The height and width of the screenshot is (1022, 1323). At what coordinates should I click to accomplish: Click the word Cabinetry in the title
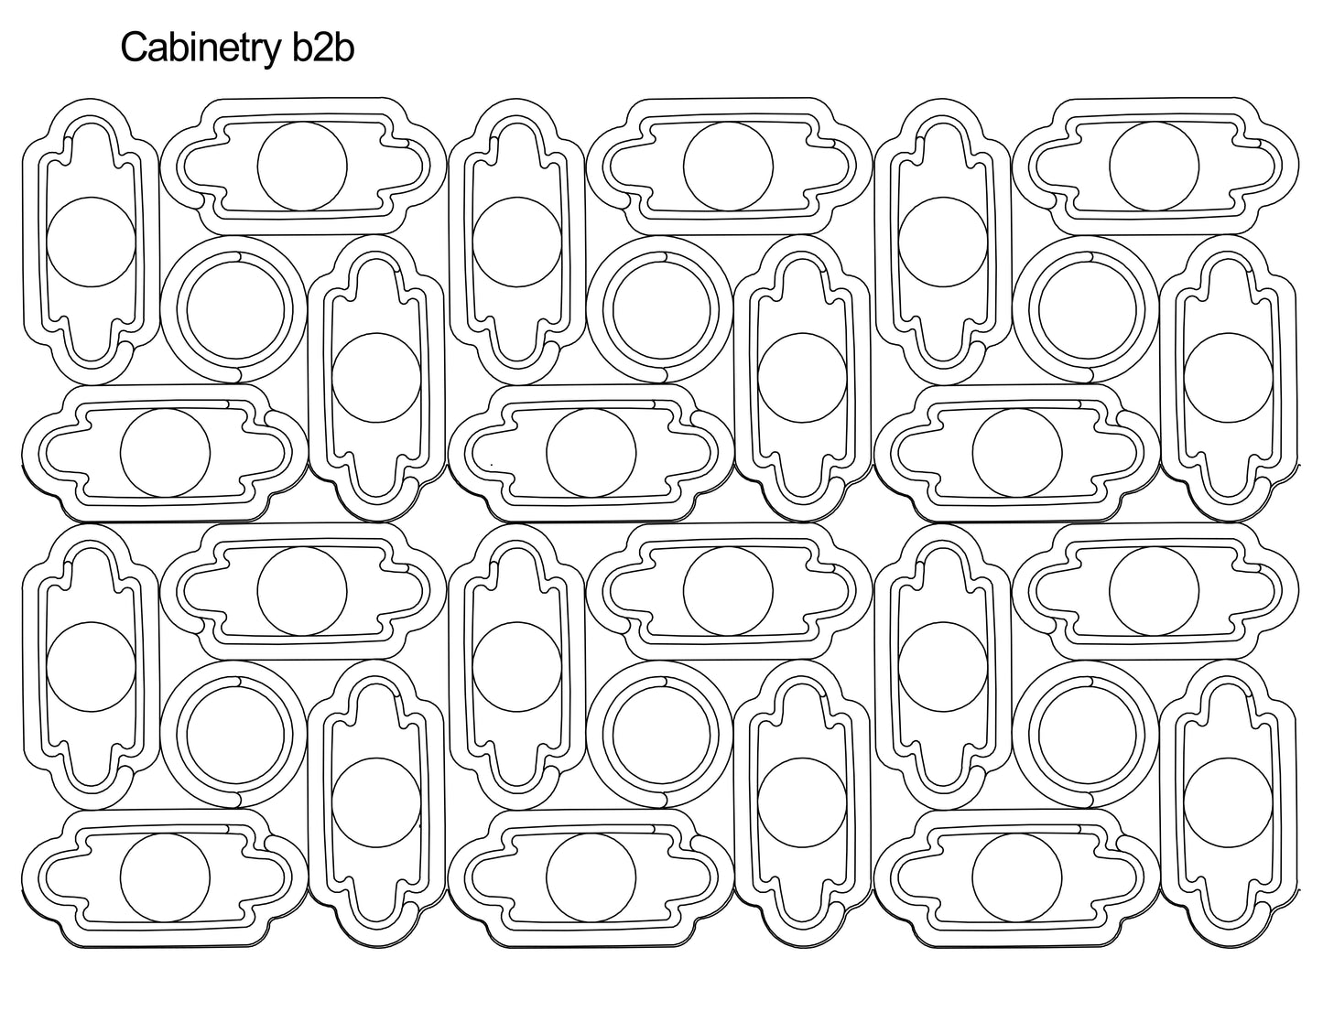pyautogui.click(x=192, y=48)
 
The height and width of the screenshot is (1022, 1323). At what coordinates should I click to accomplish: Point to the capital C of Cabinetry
pyautogui.click(x=134, y=48)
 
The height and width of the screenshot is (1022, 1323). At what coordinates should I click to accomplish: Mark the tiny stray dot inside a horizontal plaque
pyautogui.click(x=492, y=466)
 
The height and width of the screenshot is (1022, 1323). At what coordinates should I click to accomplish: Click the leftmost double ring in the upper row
pyautogui.click(x=233, y=307)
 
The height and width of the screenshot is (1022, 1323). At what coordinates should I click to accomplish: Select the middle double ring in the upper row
pyautogui.click(x=659, y=307)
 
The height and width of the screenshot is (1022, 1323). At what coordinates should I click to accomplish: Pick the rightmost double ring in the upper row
pyautogui.click(x=1086, y=307)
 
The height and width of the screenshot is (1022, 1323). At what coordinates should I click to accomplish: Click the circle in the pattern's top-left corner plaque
pyautogui.click(x=90, y=242)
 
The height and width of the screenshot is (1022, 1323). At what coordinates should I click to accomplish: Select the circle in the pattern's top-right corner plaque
pyautogui.click(x=1154, y=165)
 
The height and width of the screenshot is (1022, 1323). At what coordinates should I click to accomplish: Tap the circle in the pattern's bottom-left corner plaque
pyautogui.click(x=165, y=877)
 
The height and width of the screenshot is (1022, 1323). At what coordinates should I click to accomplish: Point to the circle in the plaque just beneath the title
pyautogui.click(x=302, y=165)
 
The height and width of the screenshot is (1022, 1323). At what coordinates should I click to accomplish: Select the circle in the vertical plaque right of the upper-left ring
pyautogui.click(x=376, y=377)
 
